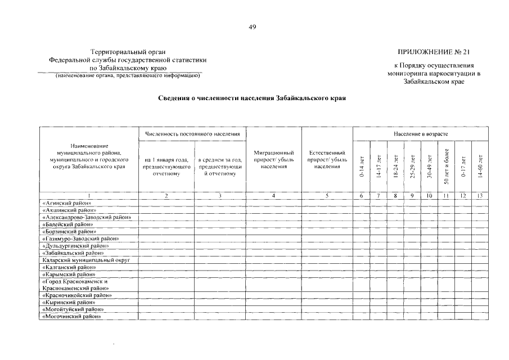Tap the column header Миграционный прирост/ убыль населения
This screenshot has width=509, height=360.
pyautogui.click(x=274, y=159)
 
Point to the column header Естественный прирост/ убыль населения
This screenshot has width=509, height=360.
pyautogui.click(x=327, y=159)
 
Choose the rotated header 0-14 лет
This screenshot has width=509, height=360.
pyautogui.click(x=361, y=166)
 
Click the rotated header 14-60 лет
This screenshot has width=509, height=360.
pyautogui.click(x=480, y=166)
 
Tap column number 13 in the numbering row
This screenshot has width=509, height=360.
pyautogui.click(x=480, y=195)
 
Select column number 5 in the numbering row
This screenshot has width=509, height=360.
pyautogui.click(x=327, y=195)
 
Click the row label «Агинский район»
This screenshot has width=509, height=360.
pyautogui.click(x=67, y=202)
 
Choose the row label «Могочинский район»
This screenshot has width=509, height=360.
pyautogui.click(x=71, y=317)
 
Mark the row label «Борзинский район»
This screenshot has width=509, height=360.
pyautogui.click(x=69, y=231)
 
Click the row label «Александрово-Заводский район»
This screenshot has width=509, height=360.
pyautogui.click(x=87, y=217)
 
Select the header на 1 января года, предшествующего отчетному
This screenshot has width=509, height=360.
pyautogui.click(x=166, y=166)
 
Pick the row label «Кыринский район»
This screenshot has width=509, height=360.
pyautogui.click(x=67, y=303)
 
